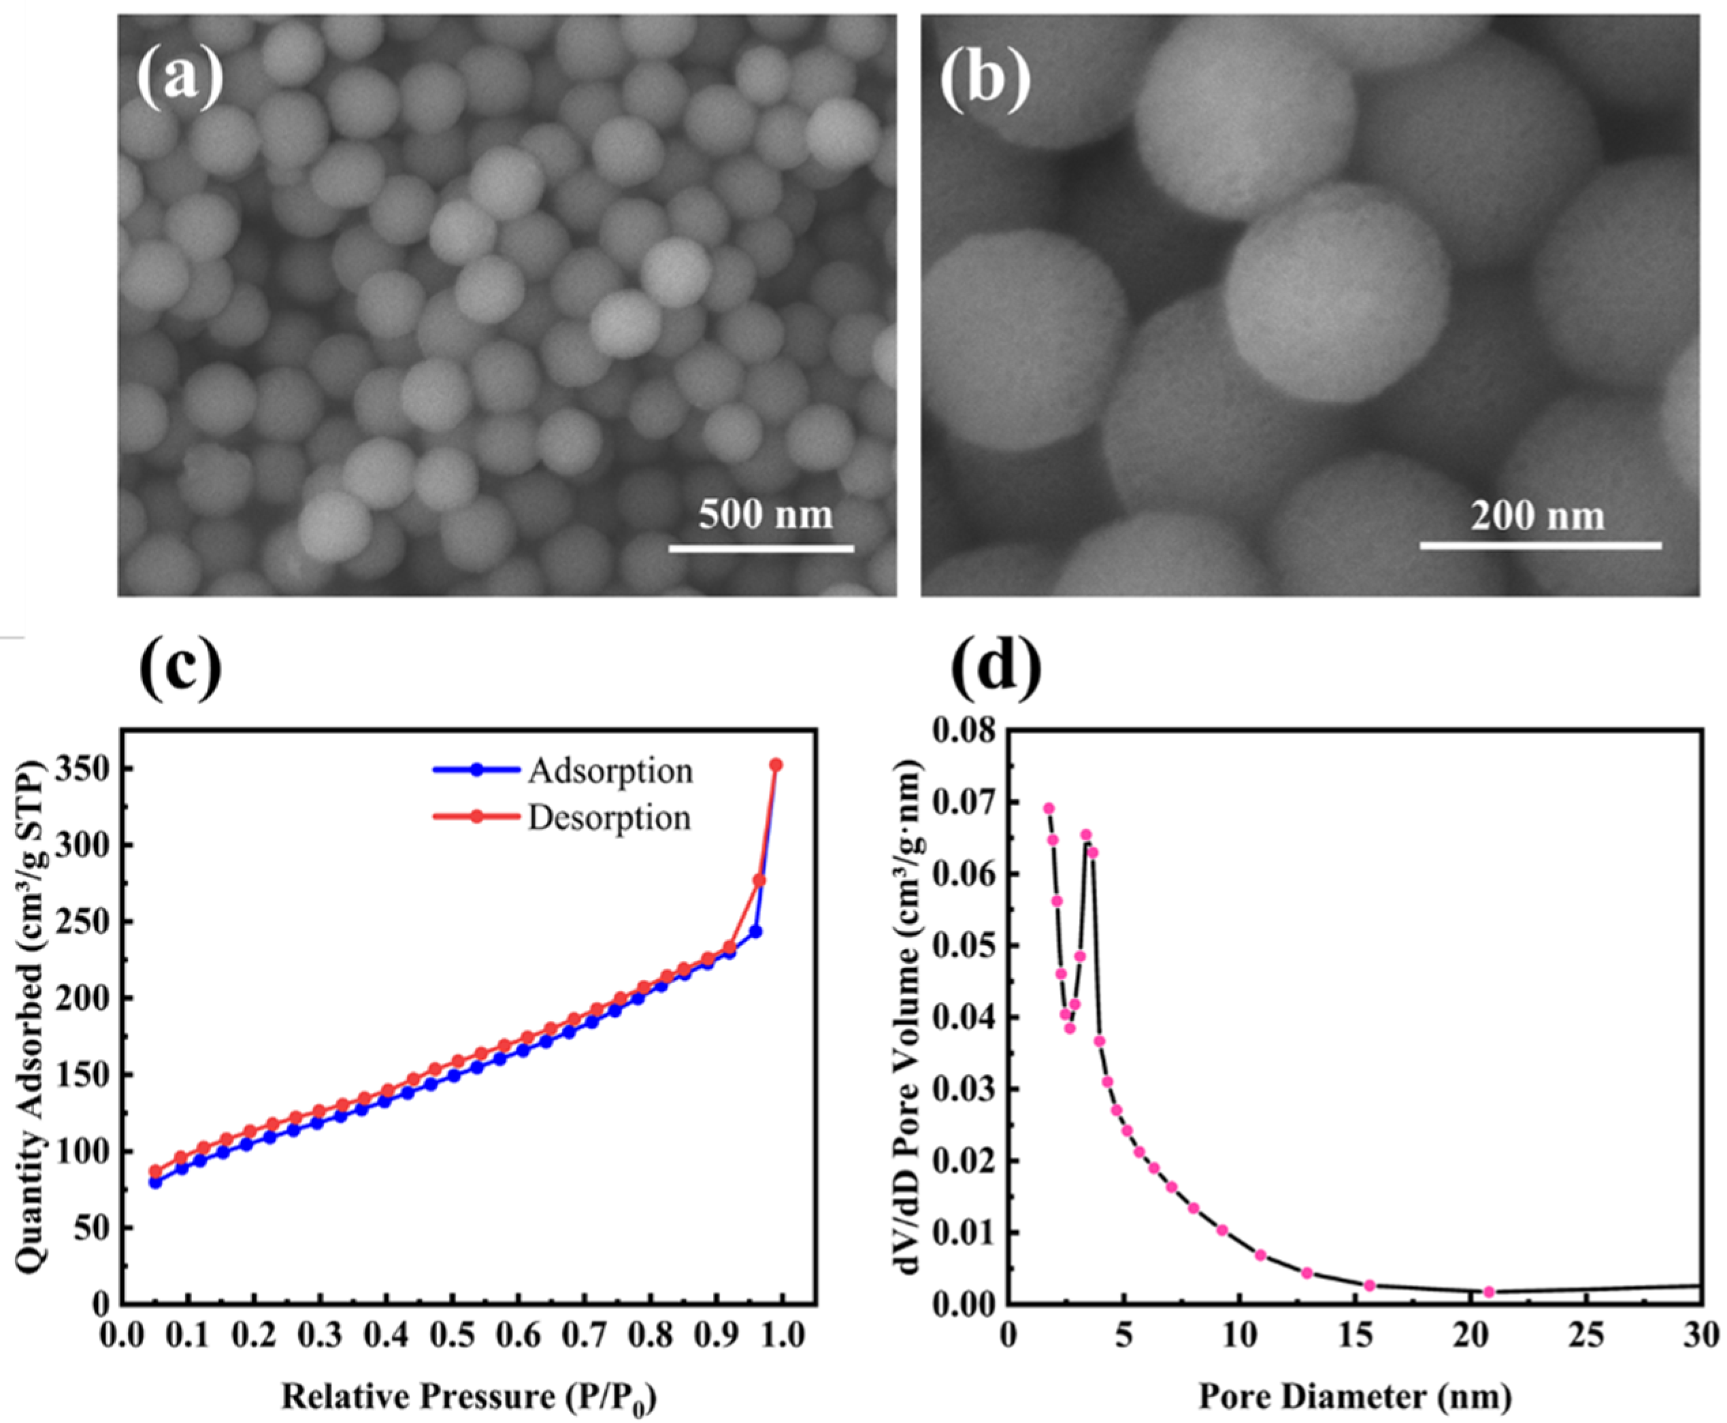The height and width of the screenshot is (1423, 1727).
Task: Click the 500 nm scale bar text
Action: tap(765, 514)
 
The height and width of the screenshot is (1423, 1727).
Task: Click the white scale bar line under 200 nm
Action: tap(1540, 545)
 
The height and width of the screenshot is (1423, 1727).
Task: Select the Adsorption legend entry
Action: tap(609, 771)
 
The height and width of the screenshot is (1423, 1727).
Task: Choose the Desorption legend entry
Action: tap(608, 817)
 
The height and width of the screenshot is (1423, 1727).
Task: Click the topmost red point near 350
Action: tap(776, 765)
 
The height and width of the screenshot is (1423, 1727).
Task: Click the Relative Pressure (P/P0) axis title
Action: tap(469, 1395)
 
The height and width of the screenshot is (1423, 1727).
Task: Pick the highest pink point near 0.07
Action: tap(1048, 808)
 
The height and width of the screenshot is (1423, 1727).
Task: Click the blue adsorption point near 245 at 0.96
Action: tap(756, 932)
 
